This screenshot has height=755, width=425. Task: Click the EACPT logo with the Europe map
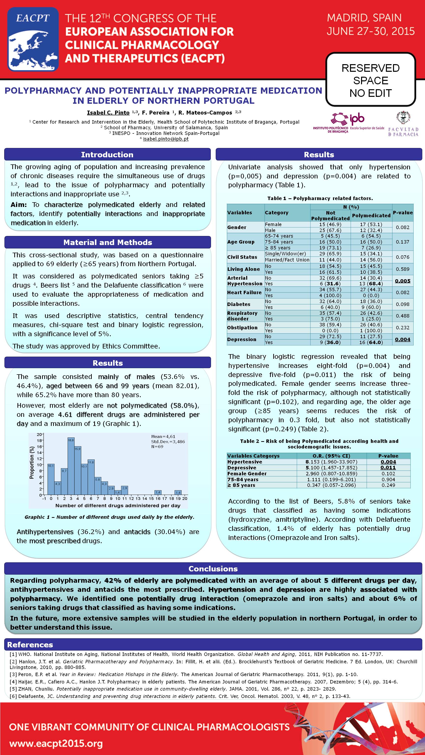pos(33,39)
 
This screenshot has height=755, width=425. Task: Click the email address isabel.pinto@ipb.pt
pos(166,139)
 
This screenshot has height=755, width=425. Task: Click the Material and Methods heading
pos(108,242)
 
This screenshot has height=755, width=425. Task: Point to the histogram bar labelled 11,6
pos(91,478)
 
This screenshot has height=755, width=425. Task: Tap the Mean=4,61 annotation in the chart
pos(163,436)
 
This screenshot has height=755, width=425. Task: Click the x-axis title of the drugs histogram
pos(118,506)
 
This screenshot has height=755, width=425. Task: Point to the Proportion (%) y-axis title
pos(32,463)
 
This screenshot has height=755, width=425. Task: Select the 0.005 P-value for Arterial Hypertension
pos(402,281)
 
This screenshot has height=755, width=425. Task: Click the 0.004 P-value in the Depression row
pos(402,339)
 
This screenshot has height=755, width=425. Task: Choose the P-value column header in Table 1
pos(403,213)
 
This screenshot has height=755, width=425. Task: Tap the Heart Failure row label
pos(244,292)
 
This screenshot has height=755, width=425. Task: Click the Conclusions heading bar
pos(213,569)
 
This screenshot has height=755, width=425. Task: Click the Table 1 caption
pos(320,198)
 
